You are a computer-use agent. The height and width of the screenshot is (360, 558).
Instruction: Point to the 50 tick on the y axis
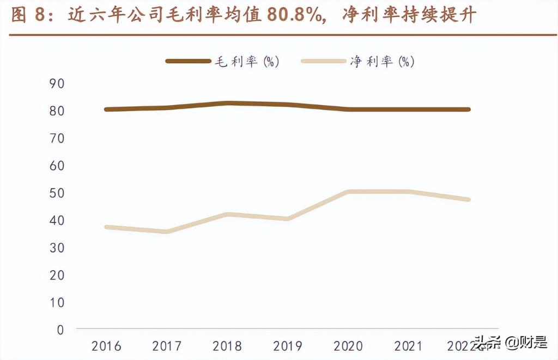tap(57, 193)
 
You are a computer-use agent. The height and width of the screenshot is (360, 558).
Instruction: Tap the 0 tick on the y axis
tap(60, 330)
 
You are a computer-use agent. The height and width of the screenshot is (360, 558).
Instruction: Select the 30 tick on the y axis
tap(57, 248)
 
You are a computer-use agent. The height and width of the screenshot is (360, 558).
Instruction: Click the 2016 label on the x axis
tap(106, 346)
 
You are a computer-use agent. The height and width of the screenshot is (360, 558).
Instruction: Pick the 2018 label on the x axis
tap(228, 346)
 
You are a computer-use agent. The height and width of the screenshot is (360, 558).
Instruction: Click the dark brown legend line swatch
tap(188, 62)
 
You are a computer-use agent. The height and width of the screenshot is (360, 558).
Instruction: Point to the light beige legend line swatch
tap(323, 62)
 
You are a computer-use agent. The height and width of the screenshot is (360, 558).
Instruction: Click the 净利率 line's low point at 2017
tap(167, 232)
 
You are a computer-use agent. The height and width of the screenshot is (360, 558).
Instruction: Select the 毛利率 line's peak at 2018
tap(228, 103)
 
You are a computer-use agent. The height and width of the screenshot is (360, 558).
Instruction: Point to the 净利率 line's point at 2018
tap(228, 215)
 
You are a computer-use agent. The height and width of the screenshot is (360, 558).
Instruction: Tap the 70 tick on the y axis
tap(57, 138)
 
